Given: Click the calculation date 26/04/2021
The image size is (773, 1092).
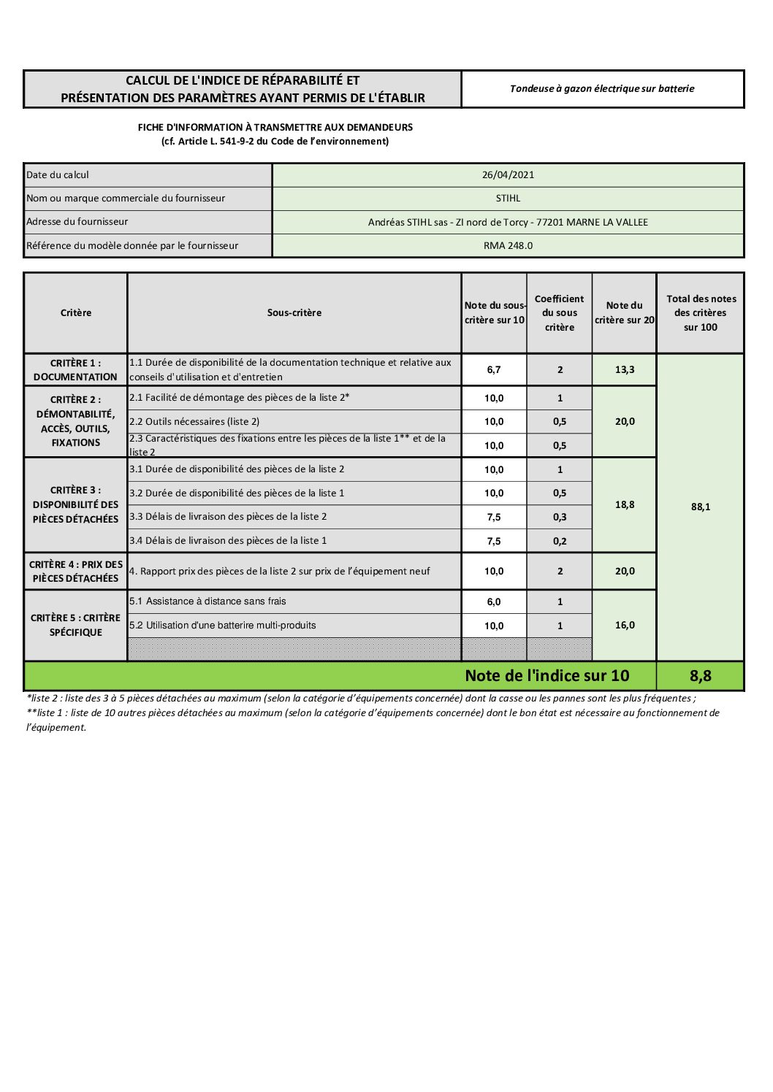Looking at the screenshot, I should tap(508, 175).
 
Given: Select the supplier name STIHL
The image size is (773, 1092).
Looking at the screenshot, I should tap(508, 199).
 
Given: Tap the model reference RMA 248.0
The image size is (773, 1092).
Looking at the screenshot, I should tap(508, 246).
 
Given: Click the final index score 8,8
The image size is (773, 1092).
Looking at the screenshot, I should tap(700, 676).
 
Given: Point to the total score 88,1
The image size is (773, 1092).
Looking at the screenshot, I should tap(700, 507).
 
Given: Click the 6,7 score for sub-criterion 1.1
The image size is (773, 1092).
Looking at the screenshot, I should tap(494, 370).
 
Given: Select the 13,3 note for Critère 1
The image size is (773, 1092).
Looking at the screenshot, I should tap(625, 370).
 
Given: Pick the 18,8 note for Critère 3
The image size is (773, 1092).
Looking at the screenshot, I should tap(625, 505).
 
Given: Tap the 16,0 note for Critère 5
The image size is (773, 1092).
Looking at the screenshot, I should tap(625, 626).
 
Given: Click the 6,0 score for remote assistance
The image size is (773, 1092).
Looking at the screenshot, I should tap(494, 602).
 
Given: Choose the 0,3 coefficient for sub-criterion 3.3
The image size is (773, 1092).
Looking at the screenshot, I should tap(560, 518).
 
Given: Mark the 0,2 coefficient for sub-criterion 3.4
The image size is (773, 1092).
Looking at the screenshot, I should tap(560, 542).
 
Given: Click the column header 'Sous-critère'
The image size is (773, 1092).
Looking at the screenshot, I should tap(294, 313).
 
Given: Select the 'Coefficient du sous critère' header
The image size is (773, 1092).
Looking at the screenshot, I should tap(559, 313).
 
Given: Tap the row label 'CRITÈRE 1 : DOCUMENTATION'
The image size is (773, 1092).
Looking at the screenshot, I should tap(75, 370).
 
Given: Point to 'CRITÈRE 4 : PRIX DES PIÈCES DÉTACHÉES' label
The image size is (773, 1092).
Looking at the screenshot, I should tap(75, 572).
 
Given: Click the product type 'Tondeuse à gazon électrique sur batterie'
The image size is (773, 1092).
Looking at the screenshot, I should tap(602, 89).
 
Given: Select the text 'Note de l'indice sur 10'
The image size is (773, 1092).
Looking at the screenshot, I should tap(547, 676).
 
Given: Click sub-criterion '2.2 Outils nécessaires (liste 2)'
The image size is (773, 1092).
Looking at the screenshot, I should tap(194, 422).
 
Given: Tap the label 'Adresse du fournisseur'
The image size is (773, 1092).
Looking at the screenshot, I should tap(77, 222).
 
